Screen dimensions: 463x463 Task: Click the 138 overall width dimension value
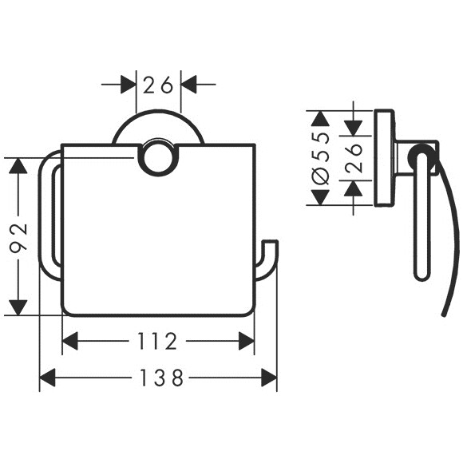click(x=161, y=378)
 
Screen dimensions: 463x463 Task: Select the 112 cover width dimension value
click(x=157, y=342)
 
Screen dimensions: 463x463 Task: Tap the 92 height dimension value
click(x=18, y=239)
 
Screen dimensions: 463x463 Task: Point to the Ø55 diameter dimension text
click(x=322, y=159)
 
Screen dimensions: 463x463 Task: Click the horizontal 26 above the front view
click(x=158, y=85)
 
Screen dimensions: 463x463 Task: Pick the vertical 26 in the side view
click(x=354, y=159)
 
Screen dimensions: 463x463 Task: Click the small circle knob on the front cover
click(x=158, y=156)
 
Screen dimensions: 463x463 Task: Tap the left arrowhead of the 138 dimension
click(x=48, y=378)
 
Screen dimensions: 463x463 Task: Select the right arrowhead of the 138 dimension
click(x=269, y=378)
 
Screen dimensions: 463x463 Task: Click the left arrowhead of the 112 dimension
click(x=70, y=341)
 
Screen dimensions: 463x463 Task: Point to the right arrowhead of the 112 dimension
click(x=246, y=341)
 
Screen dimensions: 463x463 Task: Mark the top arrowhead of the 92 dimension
click(x=18, y=166)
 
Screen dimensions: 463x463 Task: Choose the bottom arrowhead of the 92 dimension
click(x=18, y=307)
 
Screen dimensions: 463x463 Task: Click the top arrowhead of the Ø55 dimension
click(x=321, y=118)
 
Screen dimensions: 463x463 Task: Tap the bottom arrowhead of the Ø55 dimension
click(x=321, y=197)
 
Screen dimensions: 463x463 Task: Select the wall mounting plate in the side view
click(x=384, y=158)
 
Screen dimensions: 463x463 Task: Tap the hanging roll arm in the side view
click(x=422, y=212)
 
